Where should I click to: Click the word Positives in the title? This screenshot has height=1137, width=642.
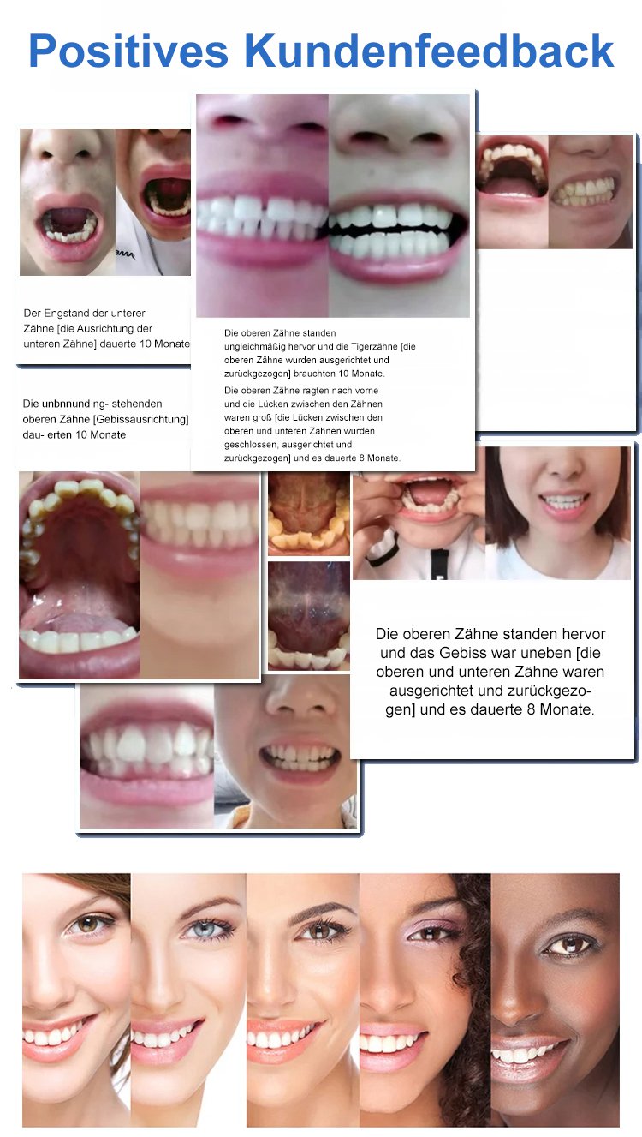coord(128,51)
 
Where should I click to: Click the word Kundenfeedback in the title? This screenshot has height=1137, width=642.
coord(429,51)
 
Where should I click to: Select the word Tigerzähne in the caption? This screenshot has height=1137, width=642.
coord(374,347)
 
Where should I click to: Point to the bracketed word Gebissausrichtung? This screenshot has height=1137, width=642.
coord(142,419)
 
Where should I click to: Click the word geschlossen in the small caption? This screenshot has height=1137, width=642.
coord(251,445)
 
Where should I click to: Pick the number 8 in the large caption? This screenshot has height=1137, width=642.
coord(531,709)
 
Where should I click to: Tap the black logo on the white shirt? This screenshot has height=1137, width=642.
coord(124,254)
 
